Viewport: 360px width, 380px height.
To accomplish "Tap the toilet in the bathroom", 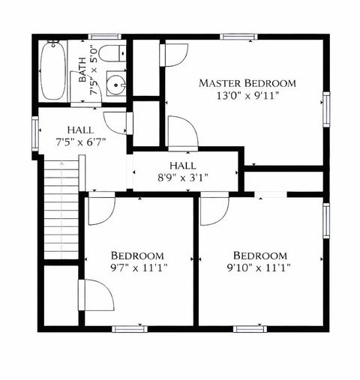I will tap(112, 54).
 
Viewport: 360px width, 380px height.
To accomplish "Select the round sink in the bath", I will tap(115, 85).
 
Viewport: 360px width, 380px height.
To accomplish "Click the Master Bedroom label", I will tap(247, 83).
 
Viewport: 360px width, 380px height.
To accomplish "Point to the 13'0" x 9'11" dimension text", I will tap(247, 95).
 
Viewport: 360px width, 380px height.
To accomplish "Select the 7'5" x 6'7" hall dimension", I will tap(80, 141).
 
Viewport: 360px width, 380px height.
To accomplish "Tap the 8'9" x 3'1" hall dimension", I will tap(182, 178).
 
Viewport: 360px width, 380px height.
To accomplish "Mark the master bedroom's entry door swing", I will tap(182, 133).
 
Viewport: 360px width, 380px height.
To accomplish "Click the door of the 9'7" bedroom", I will tap(100, 210).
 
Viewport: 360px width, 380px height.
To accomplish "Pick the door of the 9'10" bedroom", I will tap(214, 209).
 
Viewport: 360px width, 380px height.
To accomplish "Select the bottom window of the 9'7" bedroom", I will tap(130, 328).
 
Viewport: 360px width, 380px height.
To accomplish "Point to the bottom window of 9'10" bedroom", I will tap(250, 328).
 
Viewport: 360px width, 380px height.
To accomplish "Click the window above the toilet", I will tap(105, 35).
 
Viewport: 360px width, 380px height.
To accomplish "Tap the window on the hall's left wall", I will tap(34, 134).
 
